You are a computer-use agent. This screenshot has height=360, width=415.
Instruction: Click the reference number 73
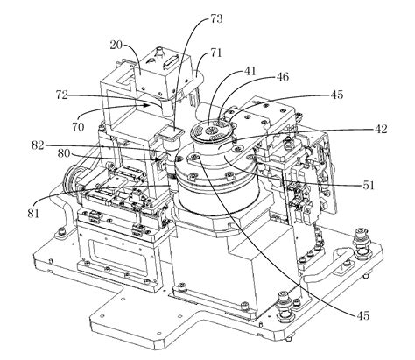(216, 19)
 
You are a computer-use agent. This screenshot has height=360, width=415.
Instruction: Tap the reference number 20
(116, 45)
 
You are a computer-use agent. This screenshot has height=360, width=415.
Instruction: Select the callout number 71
(215, 53)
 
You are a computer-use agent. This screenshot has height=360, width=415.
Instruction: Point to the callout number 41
(250, 71)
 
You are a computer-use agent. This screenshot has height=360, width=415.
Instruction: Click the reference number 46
(282, 77)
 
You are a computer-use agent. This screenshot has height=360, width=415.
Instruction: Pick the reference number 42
(381, 129)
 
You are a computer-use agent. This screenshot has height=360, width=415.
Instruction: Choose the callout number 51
(368, 186)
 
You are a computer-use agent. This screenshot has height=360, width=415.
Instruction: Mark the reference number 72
(62, 95)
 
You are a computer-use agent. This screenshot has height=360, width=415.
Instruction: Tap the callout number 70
(78, 127)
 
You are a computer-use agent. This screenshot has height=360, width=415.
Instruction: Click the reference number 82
(38, 145)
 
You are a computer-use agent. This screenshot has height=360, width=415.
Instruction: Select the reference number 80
(64, 153)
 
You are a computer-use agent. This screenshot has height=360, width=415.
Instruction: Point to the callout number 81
(33, 214)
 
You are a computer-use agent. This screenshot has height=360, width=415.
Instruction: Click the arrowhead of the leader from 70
(148, 105)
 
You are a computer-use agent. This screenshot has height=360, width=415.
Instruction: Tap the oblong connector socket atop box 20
(171, 62)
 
